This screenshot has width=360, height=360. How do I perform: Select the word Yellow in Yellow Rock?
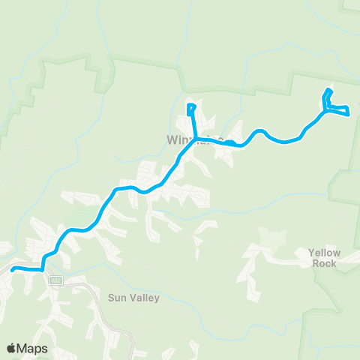324,253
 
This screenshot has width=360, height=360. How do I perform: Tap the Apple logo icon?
11,348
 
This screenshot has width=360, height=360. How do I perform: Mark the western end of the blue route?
13,267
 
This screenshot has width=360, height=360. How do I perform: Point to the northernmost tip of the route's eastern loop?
328,91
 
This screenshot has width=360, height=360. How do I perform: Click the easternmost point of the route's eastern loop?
349,114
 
